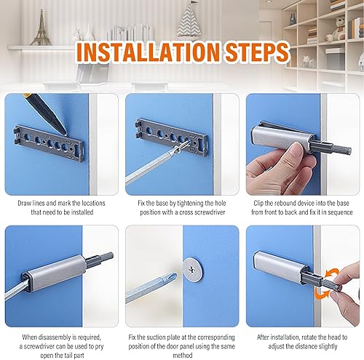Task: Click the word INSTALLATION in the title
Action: coord(148,52)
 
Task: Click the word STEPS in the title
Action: coord(257,52)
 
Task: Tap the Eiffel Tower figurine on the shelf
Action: coord(41,28)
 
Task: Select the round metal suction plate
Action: coord(193,270)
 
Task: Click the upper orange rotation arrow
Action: coord(333,273)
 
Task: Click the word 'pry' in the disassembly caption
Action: coord(100,346)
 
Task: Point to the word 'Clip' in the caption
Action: coord(260,203)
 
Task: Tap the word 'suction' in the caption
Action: coord(167,337)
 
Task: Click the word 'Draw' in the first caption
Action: coord(24,203)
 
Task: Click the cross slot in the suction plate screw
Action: coord(192,270)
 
